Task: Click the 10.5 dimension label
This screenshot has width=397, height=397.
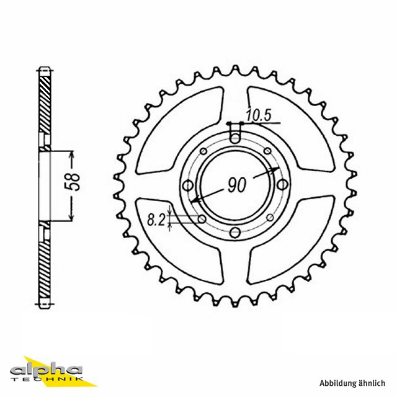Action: pyautogui.click(x=259, y=115)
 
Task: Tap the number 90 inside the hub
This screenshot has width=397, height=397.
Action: pyautogui.click(x=237, y=185)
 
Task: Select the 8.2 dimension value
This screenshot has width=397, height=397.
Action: pyautogui.click(x=156, y=220)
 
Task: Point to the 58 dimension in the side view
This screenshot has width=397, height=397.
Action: pyautogui.click(x=72, y=182)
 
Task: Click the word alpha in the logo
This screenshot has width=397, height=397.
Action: pyautogui.click(x=47, y=370)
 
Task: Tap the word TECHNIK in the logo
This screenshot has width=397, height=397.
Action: pyautogui.click(x=47, y=379)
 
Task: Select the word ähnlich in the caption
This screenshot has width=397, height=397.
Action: pyautogui.click(x=372, y=383)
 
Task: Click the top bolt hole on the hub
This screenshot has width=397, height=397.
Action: pyautogui.click(x=235, y=138)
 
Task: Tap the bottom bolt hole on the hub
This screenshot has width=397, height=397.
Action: pyautogui.click(x=235, y=232)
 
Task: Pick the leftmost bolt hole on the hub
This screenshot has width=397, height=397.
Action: pyautogui.click(x=188, y=185)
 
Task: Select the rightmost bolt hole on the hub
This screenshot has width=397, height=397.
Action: pyautogui.click(x=282, y=184)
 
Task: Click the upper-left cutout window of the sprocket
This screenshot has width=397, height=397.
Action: pyautogui.click(x=180, y=130)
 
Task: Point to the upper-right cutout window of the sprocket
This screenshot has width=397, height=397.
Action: pyautogui.click(x=291, y=130)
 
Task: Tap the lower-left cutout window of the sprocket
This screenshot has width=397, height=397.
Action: pyautogui.click(x=180, y=241)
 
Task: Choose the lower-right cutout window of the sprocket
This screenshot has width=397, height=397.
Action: pyautogui.click(x=291, y=239)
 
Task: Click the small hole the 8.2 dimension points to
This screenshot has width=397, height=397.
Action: pyautogui.click(x=202, y=219)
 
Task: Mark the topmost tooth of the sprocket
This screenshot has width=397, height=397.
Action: pyautogui.click(x=235, y=69)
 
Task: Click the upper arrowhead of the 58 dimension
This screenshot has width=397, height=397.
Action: pyautogui.click(x=72, y=155)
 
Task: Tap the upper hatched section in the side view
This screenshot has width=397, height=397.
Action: pyautogui.click(x=45, y=104)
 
